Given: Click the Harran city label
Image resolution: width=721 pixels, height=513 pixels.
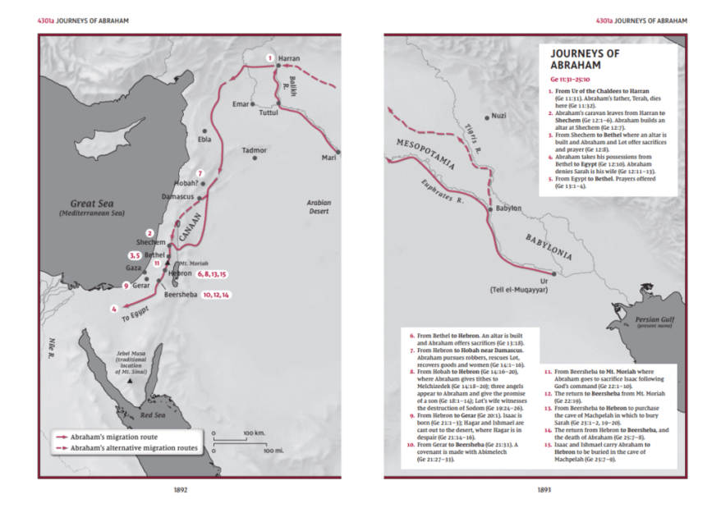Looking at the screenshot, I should pyautogui.click(x=289, y=59).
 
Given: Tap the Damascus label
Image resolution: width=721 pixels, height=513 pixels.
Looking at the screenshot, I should pyautogui.click(x=177, y=198).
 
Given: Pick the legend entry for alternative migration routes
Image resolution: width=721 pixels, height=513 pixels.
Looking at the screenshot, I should pyautogui.click(x=131, y=448).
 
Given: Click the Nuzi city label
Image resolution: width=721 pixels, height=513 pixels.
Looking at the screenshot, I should pyautogui.click(x=498, y=116).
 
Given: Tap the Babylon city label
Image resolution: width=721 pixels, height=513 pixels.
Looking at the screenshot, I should pyautogui.click(x=507, y=208).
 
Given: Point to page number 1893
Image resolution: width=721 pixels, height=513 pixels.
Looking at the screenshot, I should pyautogui.click(x=543, y=489).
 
